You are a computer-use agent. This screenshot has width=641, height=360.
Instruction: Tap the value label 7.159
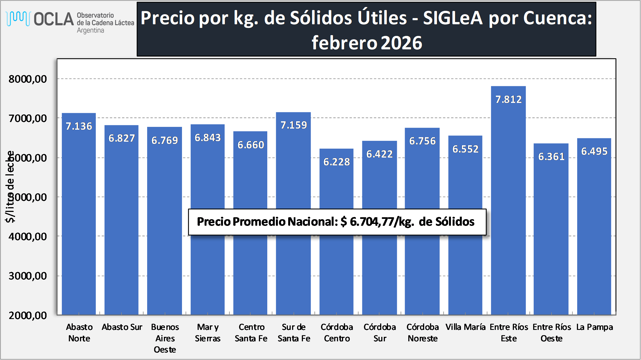(293, 125)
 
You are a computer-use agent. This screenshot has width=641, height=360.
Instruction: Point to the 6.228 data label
(336, 162)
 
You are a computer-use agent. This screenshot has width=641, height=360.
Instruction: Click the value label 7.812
(508, 99)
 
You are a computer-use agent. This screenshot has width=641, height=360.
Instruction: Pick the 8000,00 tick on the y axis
(28, 79)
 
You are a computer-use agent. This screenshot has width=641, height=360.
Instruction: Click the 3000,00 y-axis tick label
(28, 276)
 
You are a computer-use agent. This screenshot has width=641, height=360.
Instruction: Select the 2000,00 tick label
(28, 315)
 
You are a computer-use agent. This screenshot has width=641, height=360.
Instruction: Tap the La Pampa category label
(594, 327)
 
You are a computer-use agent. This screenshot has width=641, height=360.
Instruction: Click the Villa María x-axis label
(465, 327)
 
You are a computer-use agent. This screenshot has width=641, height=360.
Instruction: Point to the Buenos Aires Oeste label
(165, 338)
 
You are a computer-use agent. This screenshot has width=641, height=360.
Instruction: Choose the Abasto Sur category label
(122, 327)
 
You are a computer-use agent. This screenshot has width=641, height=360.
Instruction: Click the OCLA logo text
(54, 19)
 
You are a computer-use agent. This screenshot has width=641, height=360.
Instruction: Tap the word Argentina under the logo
(90, 30)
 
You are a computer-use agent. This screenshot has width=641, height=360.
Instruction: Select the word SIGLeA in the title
(453, 18)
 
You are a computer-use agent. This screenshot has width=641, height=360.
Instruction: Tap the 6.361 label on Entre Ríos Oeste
(551, 156)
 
